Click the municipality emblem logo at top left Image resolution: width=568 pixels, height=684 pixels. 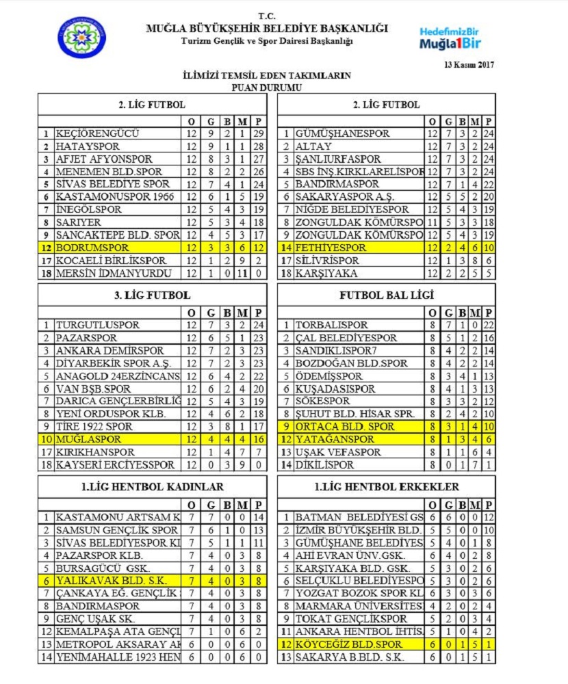[81, 37]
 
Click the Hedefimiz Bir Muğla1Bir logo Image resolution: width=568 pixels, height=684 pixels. [448, 38]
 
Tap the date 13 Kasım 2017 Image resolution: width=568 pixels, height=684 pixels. [468, 65]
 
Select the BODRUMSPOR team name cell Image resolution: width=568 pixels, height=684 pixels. [92, 248]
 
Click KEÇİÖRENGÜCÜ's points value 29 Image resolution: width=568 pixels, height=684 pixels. [258, 133]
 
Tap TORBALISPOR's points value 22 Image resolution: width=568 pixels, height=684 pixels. [488, 325]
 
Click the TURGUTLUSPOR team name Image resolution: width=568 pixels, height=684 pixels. [97, 325]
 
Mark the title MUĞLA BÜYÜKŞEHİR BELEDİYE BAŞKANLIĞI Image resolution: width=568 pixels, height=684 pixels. [267, 29]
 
